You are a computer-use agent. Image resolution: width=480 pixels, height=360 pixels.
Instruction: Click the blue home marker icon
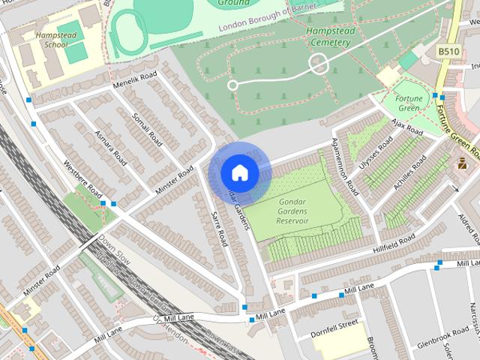[x=239, y=172]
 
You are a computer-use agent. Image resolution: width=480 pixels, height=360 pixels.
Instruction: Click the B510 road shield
[x=448, y=51]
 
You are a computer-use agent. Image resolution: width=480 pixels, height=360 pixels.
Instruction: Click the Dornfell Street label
[x=337, y=325]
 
